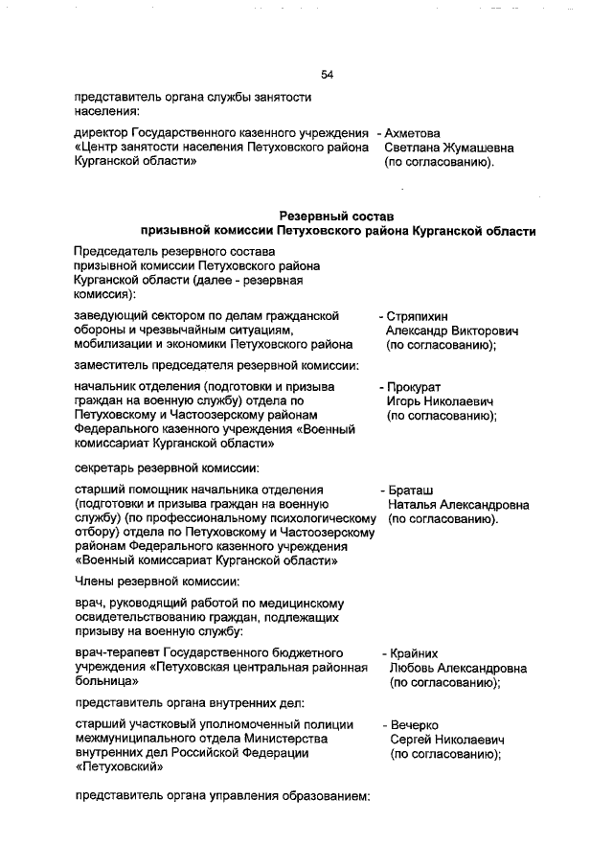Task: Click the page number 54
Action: (327, 75)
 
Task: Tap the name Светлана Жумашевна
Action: (448, 148)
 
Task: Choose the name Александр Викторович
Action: (451, 331)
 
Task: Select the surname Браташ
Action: (412, 489)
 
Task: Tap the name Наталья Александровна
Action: (458, 504)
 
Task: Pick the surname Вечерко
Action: (414, 725)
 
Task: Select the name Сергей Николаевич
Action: (446, 741)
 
